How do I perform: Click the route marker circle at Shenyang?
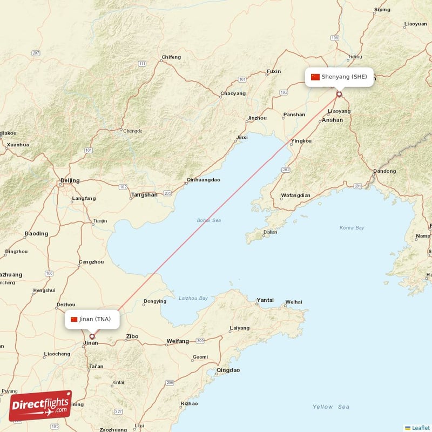coord(339,94)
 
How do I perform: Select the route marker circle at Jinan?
coord(92,336)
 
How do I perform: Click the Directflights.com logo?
coord(40,406)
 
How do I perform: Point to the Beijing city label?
coord(70,180)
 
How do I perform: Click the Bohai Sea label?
coord(209,220)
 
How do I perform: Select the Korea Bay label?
coord(352,228)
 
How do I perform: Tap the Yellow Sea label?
coord(331,407)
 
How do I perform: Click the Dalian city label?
coord(270,232)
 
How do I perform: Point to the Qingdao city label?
coord(227,370)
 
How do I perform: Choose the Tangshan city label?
coord(144,195)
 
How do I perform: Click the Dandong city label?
coord(384,171)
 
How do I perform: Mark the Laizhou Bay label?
coord(193,298)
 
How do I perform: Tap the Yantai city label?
coord(265,300)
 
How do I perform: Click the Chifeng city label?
coord(171,57)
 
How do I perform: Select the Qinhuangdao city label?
coord(203,180)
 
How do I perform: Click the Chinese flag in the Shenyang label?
coord(315,77)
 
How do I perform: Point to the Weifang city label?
coord(178,341)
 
